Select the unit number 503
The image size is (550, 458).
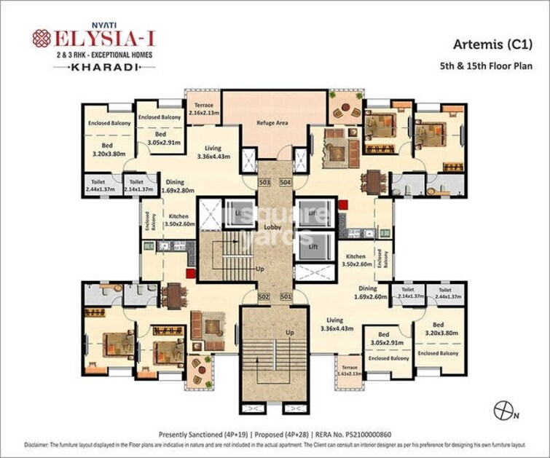pos(264,181)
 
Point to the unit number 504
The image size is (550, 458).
pos(285,181)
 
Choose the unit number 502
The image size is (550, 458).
pos(264,296)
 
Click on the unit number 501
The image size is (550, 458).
pos(285,296)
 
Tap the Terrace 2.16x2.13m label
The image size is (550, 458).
pos(203,109)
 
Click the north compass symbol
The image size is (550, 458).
pos(503,411)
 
